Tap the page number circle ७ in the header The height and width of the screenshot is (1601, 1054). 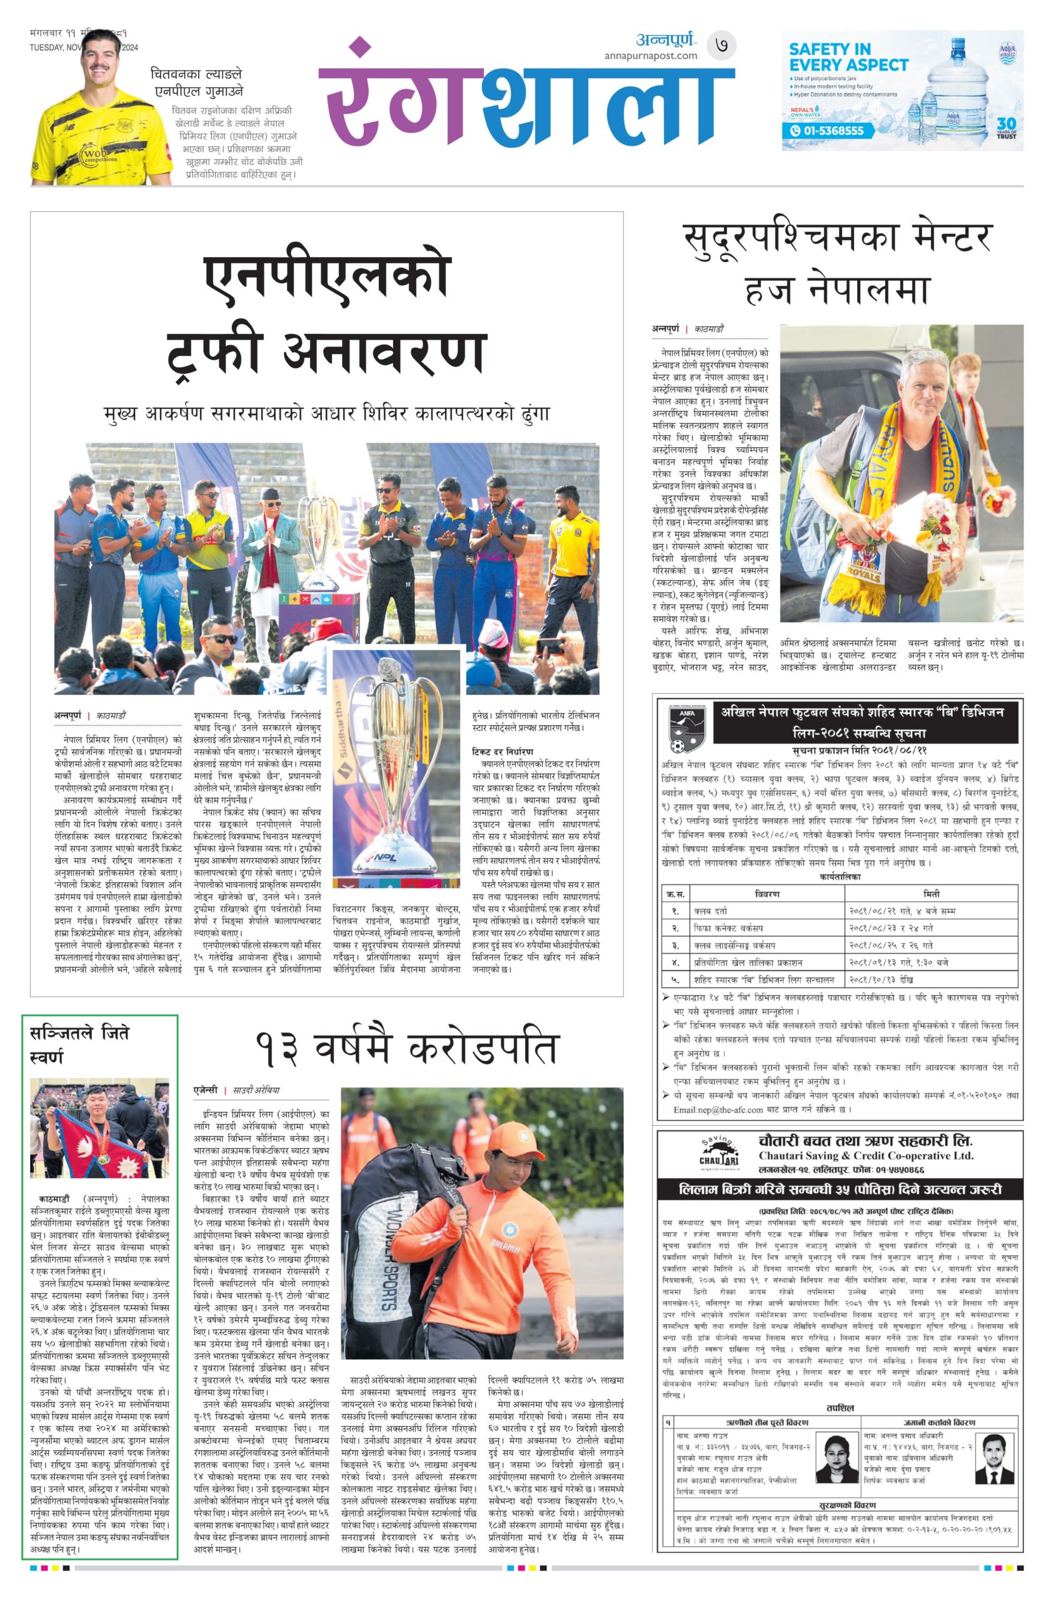coord(721,46)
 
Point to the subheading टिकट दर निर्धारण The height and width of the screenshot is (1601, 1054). coord(502,750)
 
